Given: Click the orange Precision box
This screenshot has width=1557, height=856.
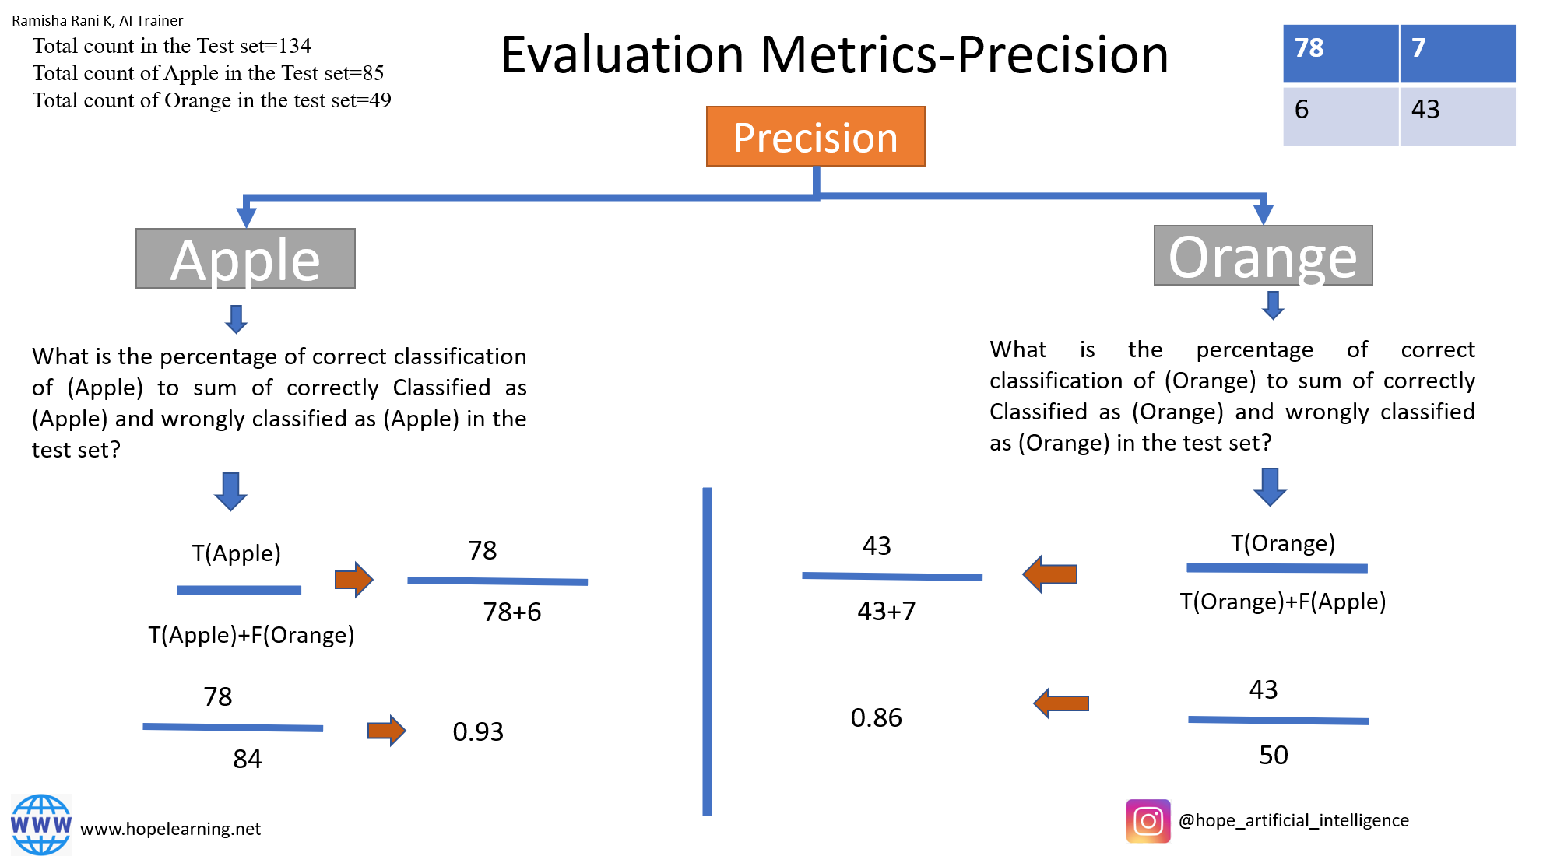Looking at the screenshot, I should [815, 136].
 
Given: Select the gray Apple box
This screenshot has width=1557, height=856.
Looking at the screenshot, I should [245, 258].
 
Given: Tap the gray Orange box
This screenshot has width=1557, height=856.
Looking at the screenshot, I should [1263, 255].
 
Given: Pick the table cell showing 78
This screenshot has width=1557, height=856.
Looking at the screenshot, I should [1340, 53].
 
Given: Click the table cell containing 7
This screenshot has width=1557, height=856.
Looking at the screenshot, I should [1457, 53].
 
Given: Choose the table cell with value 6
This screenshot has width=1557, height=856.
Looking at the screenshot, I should [1340, 115].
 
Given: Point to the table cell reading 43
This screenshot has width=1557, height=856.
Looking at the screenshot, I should [1457, 115].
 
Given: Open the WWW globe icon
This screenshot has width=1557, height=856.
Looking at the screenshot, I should [41, 824].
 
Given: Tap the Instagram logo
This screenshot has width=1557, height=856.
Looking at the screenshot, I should [1148, 821].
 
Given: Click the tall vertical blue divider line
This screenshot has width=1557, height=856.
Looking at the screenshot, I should [707, 651].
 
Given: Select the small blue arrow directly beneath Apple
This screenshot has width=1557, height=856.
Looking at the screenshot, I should [237, 319].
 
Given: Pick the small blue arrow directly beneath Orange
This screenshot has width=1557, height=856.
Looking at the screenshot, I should [1273, 305].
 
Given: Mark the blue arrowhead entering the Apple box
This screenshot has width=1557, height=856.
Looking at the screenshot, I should [246, 216].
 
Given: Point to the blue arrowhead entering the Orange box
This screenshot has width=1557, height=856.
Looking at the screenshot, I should [1264, 213].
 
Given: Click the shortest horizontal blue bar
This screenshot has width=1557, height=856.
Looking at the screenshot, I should [239, 590].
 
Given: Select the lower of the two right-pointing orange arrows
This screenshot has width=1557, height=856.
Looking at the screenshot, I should [387, 730].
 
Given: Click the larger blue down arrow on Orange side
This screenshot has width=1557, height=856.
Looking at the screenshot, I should [1270, 487].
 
